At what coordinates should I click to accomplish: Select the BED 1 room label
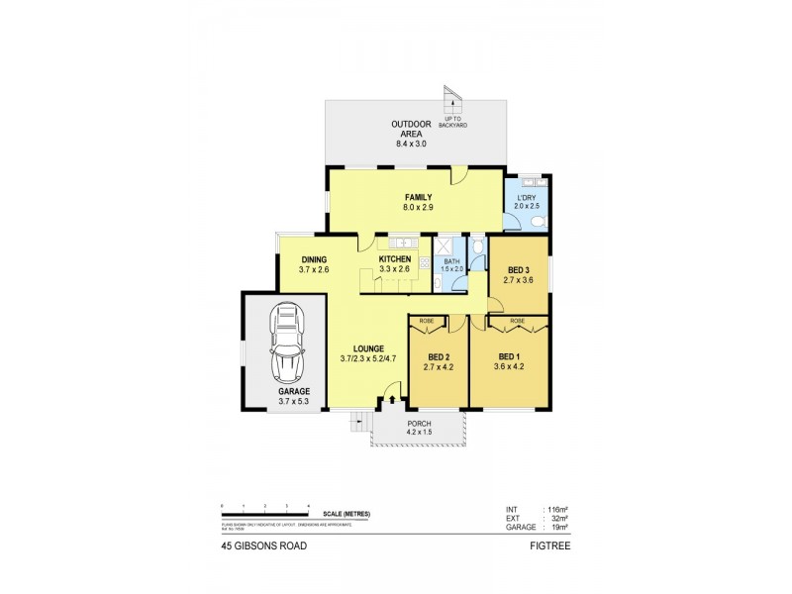(508, 360)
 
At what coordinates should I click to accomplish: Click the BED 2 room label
(439, 360)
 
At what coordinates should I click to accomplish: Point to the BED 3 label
(519, 275)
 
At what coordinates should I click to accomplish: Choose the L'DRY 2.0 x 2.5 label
(526, 201)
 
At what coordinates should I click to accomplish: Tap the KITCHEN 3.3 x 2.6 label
(395, 263)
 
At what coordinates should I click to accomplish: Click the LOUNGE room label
(361, 354)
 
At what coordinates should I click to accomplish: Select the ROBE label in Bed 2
(427, 321)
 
